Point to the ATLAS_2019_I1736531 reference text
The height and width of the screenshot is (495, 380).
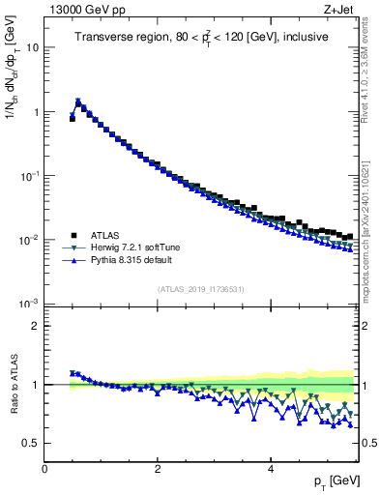click(200, 289)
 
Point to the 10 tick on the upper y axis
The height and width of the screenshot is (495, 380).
click(33, 47)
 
